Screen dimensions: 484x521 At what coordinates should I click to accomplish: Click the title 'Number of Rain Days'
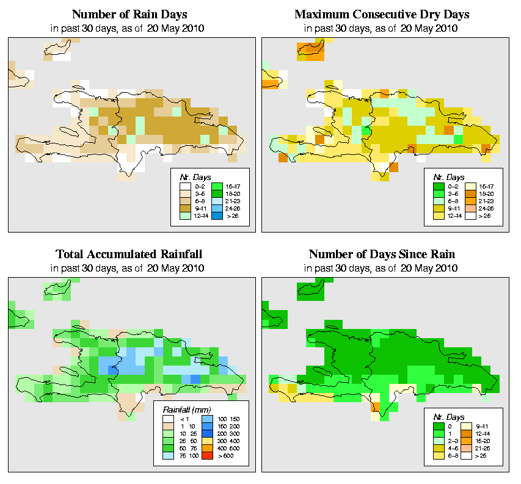pos(129,14)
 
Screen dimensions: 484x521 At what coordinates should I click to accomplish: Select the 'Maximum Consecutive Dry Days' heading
pos(382,14)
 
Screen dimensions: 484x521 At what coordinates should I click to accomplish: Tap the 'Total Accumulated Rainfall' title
pos(129,254)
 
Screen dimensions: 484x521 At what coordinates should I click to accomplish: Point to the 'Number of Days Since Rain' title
pos(382,254)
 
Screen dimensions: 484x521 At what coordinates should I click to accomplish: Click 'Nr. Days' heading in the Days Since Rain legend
pos(451,416)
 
